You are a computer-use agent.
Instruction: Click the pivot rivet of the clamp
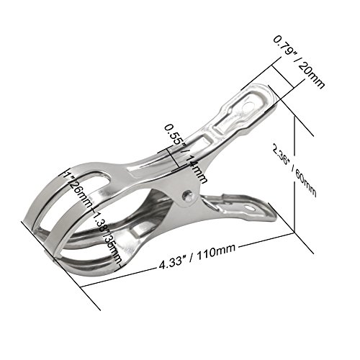pos(188,194)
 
